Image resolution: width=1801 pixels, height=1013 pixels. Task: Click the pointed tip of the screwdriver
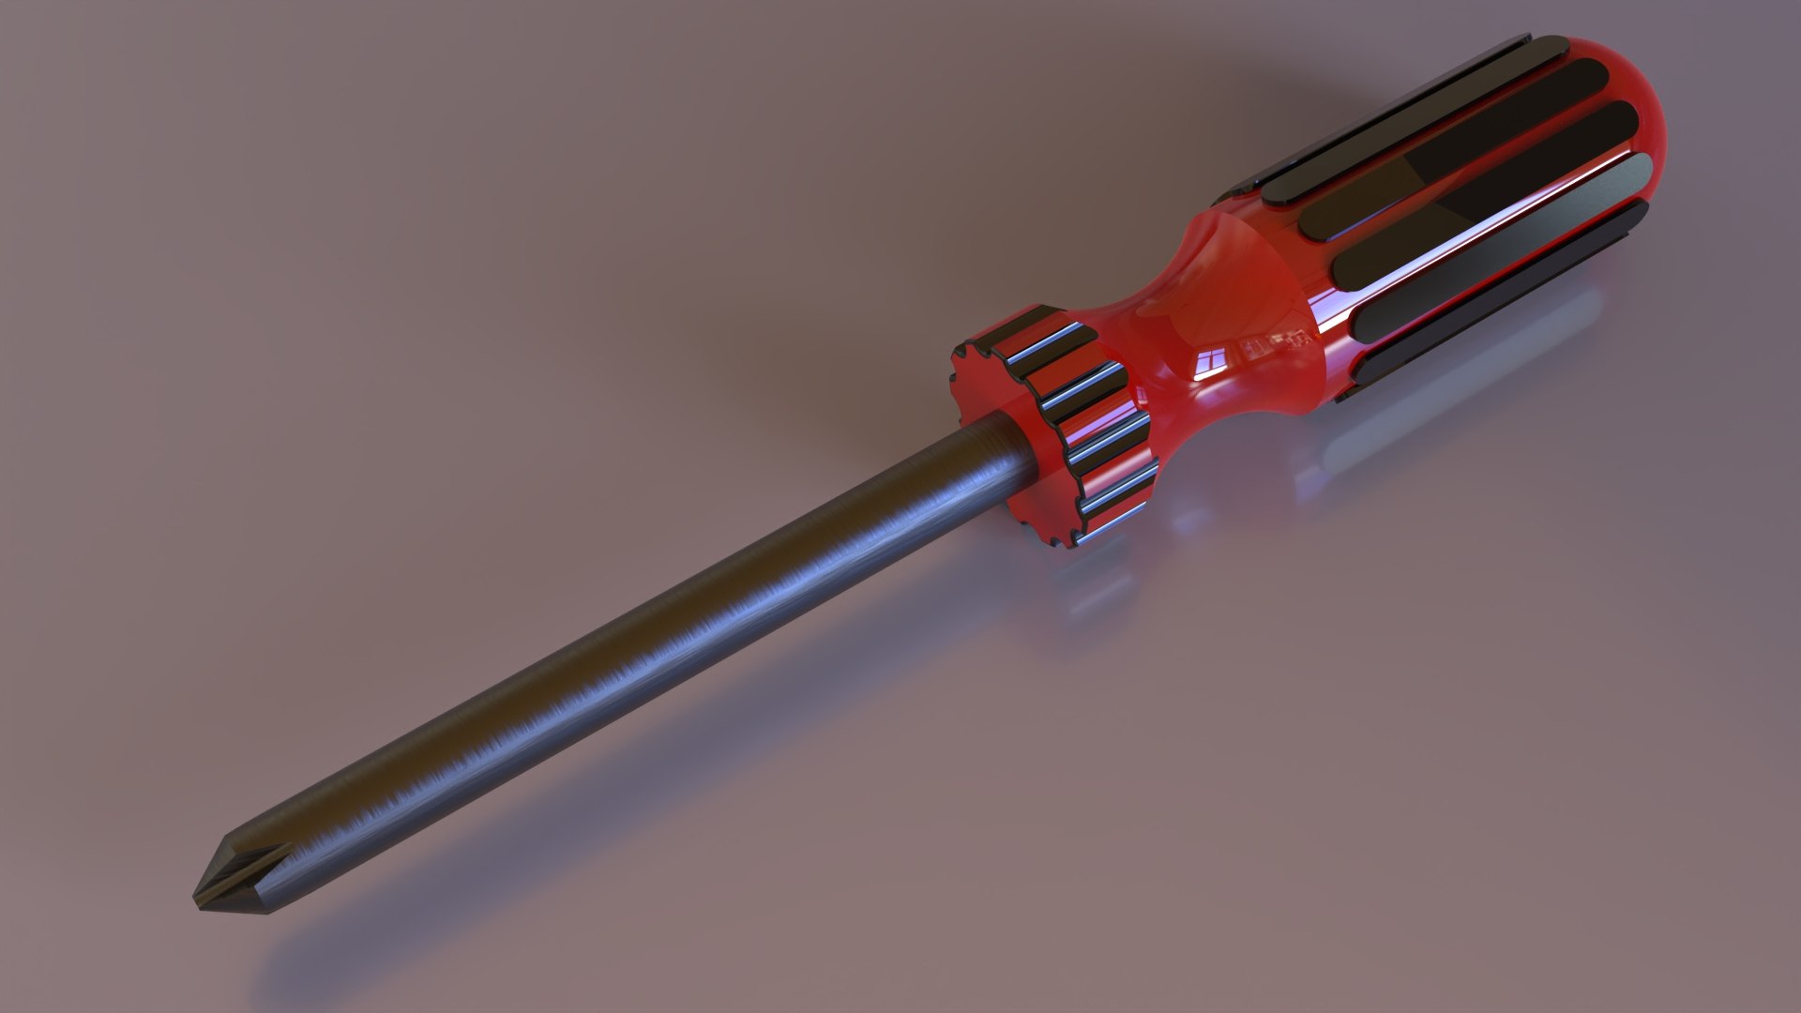[196, 899]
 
